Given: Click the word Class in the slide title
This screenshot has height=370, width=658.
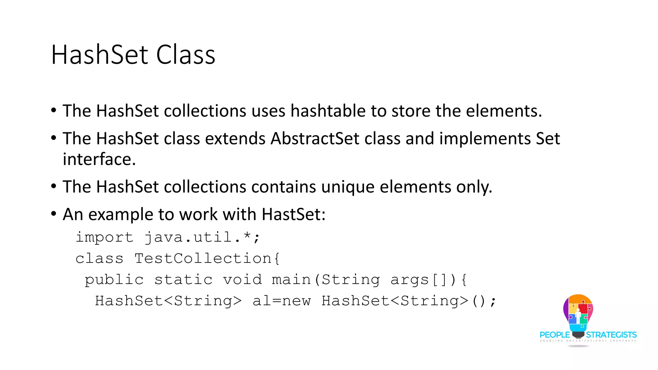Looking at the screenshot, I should [x=185, y=55].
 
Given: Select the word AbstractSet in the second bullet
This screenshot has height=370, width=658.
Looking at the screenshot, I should [x=315, y=138].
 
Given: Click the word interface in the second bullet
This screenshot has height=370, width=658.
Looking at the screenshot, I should [x=99, y=159].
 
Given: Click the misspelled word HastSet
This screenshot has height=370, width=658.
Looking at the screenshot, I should [x=293, y=214].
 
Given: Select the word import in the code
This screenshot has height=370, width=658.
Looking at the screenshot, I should [x=104, y=237].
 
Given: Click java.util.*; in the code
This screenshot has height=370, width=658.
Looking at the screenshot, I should [x=202, y=237].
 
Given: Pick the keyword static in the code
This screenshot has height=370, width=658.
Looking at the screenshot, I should [x=183, y=280].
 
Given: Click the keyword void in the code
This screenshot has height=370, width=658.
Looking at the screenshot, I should [x=243, y=280].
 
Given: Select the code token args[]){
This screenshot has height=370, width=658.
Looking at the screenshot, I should [x=429, y=280].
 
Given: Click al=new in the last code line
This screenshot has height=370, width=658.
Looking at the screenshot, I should [x=282, y=301].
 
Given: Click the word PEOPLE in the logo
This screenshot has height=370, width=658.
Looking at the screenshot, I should [x=555, y=335].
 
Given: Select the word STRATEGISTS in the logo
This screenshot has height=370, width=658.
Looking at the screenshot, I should [x=611, y=335].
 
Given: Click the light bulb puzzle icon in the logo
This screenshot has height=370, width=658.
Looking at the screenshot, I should [x=578, y=313].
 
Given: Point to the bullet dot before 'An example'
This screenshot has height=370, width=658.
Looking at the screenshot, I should [x=54, y=214].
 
